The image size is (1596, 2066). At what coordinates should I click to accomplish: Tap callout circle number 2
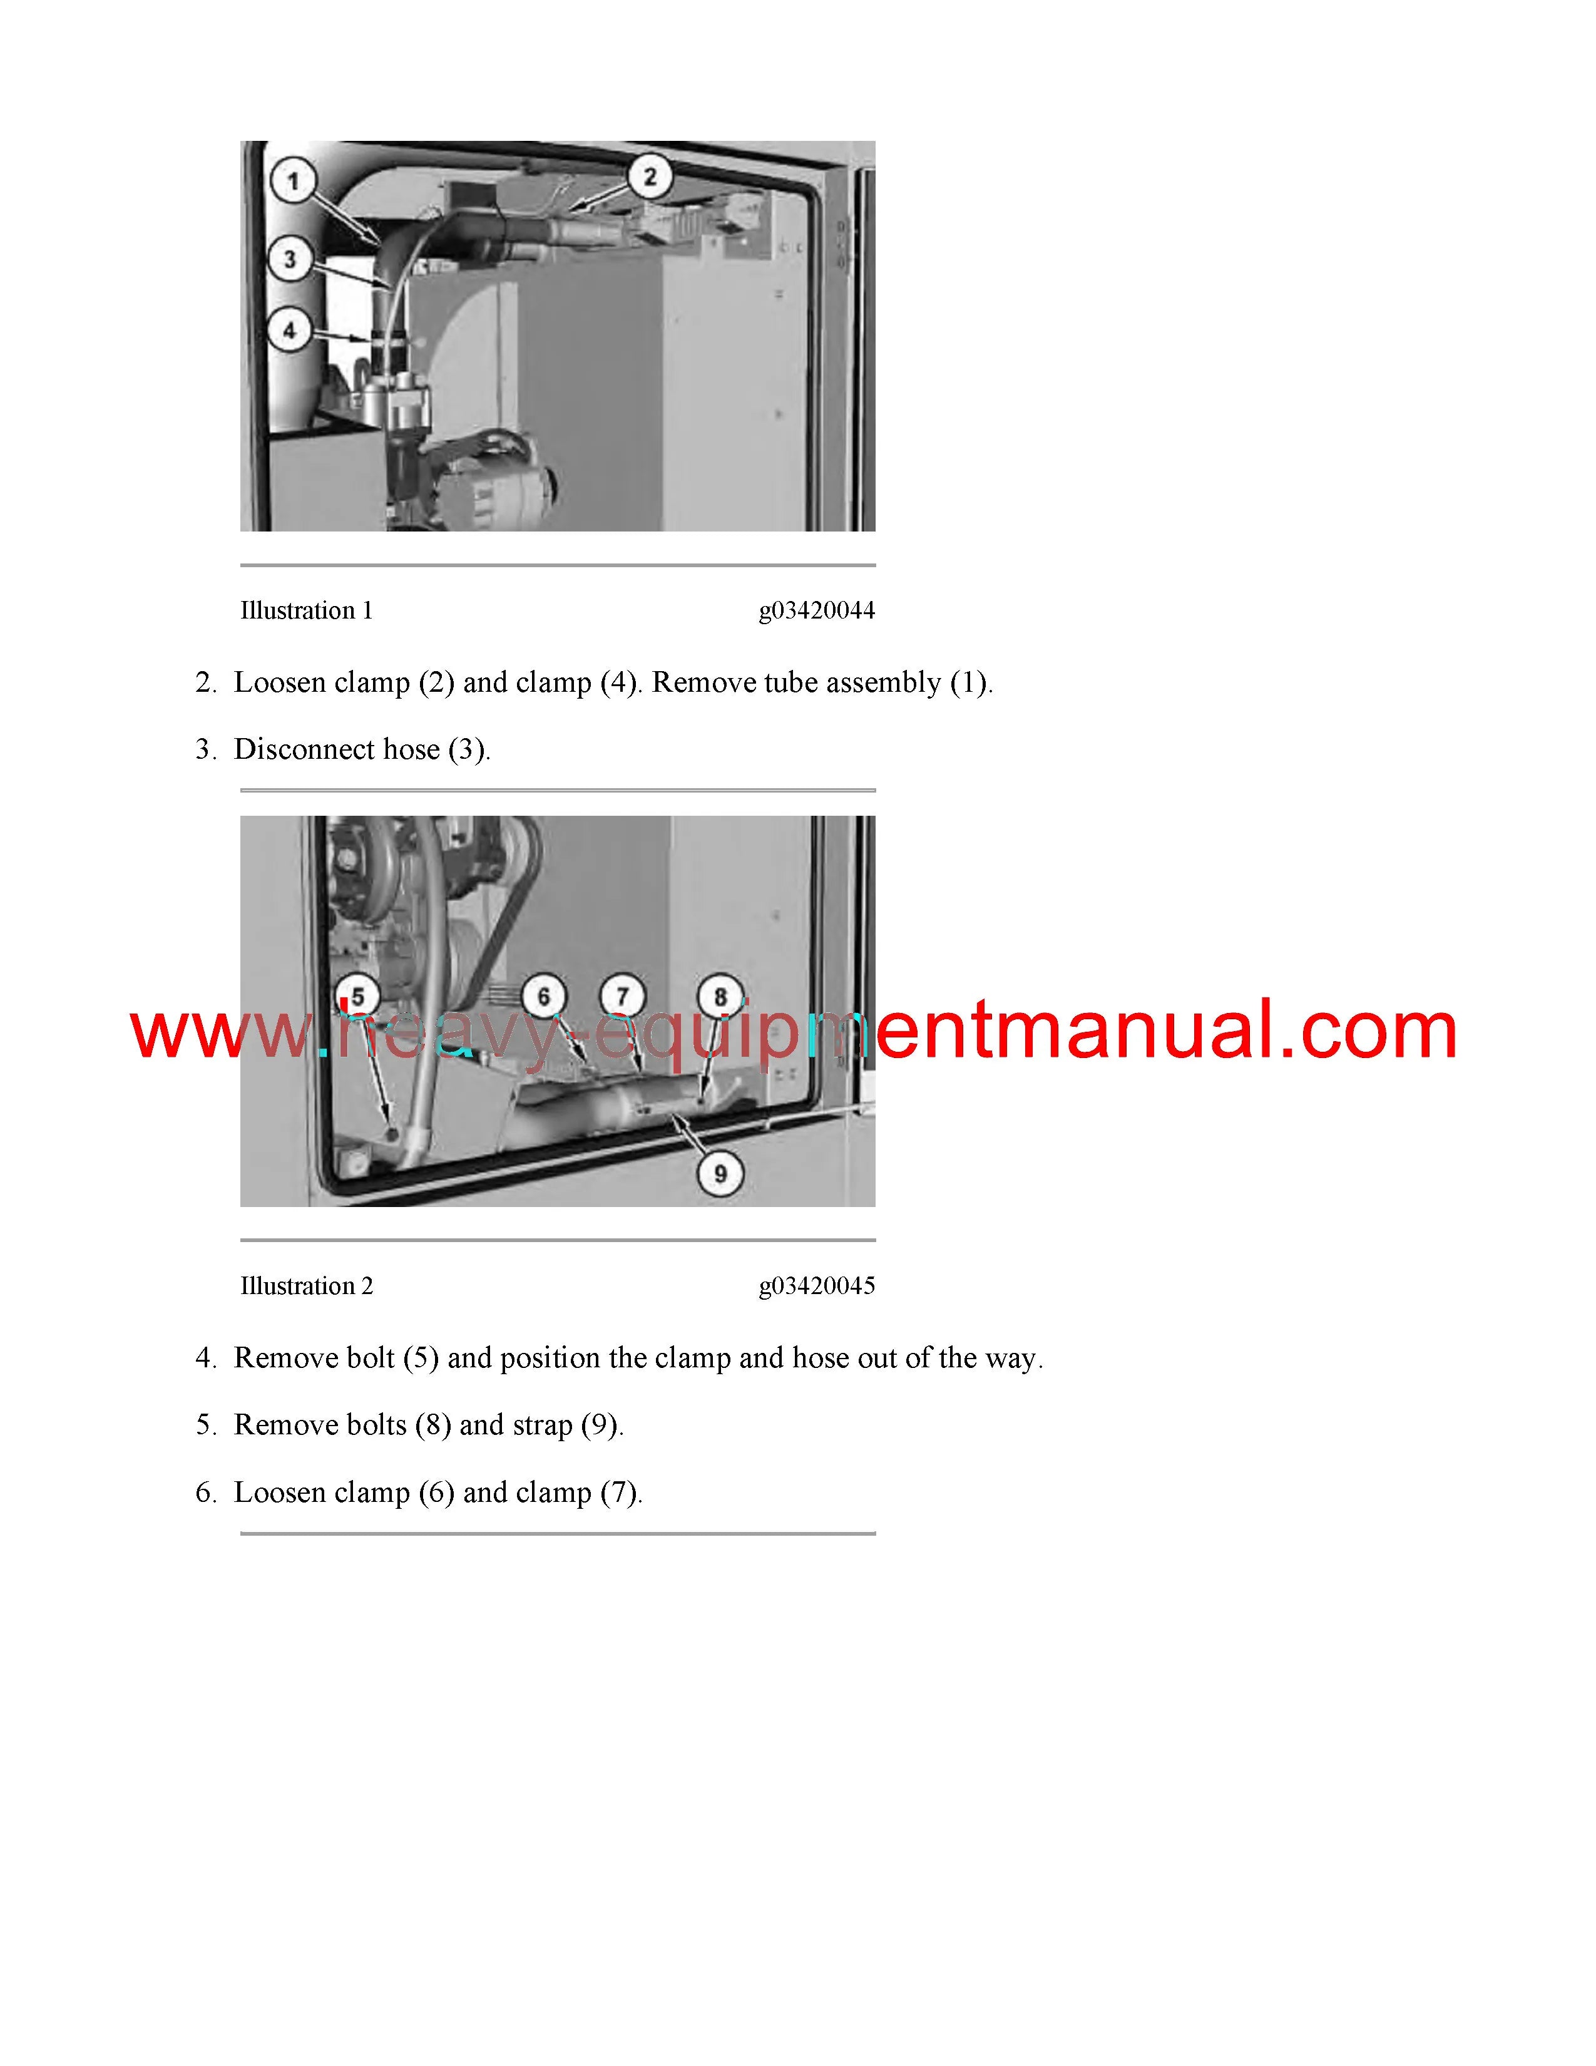650,176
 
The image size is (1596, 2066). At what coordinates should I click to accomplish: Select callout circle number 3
290,258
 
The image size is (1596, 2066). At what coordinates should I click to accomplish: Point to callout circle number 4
290,330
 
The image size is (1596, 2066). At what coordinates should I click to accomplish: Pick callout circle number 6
544,996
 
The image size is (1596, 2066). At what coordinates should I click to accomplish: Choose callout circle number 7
622,996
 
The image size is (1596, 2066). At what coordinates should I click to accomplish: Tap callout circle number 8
720,996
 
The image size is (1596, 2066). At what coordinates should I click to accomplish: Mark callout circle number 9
720,1173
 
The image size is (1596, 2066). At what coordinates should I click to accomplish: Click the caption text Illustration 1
306,610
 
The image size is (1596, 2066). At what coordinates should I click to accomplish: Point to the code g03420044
817,611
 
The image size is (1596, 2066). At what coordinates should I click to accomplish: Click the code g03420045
817,1287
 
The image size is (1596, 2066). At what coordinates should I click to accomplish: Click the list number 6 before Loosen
203,1493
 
